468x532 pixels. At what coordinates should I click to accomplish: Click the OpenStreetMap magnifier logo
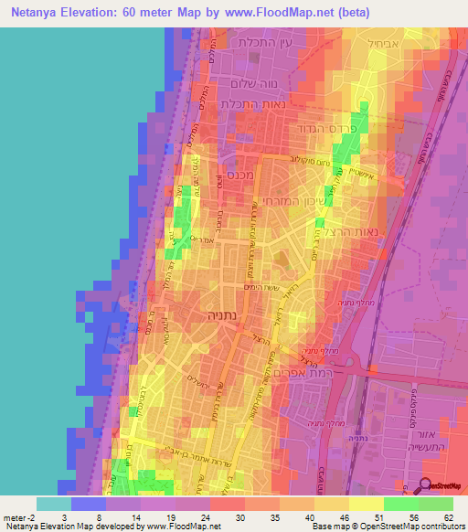[425, 486]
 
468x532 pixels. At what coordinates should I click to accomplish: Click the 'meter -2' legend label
[17, 516]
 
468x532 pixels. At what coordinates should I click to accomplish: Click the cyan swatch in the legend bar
[53, 504]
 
